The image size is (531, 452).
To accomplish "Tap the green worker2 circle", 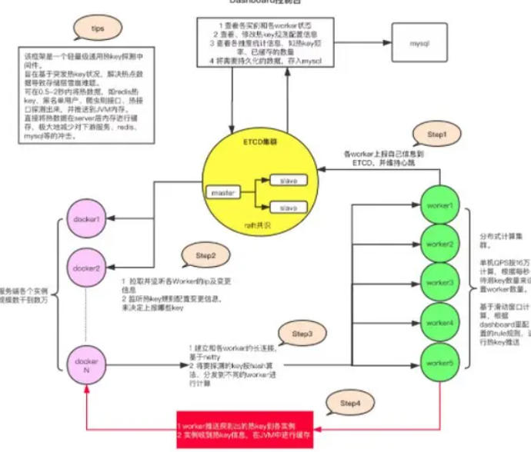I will click(x=439, y=244).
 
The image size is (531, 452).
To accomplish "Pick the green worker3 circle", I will click(x=439, y=282).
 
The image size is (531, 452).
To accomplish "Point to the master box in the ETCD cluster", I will click(x=222, y=190).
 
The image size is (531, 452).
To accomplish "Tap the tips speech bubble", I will click(x=99, y=28).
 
